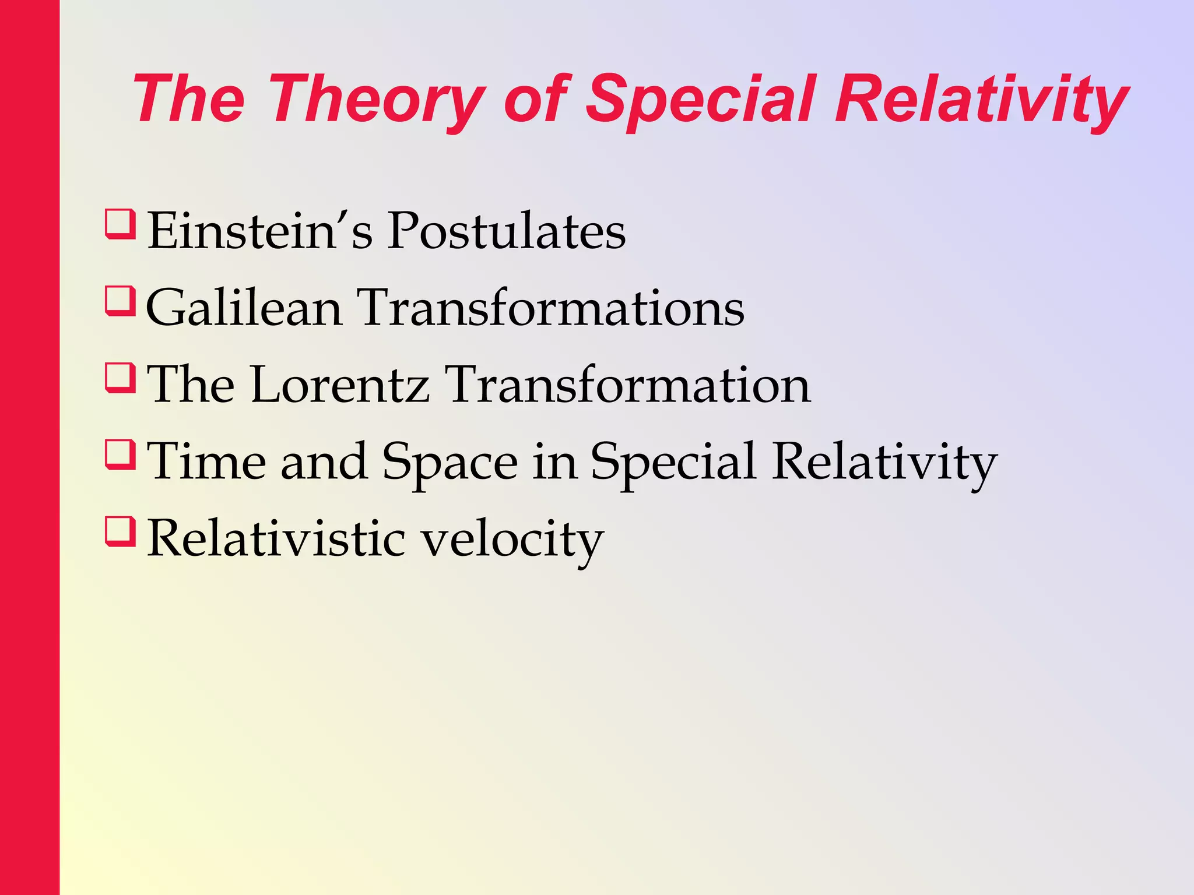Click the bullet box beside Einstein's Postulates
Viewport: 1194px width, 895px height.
[x=120, y=224]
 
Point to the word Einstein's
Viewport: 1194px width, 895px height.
[x=259, y=231]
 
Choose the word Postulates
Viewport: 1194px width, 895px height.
[x=507, y=231]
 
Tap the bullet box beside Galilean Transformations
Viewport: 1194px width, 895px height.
[x=120, y=301]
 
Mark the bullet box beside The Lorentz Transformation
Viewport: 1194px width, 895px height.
[x=120, y=378]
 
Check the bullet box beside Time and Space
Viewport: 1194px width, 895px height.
[x=120, y=455]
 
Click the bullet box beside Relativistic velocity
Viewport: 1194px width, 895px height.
[x=120, y=532]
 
